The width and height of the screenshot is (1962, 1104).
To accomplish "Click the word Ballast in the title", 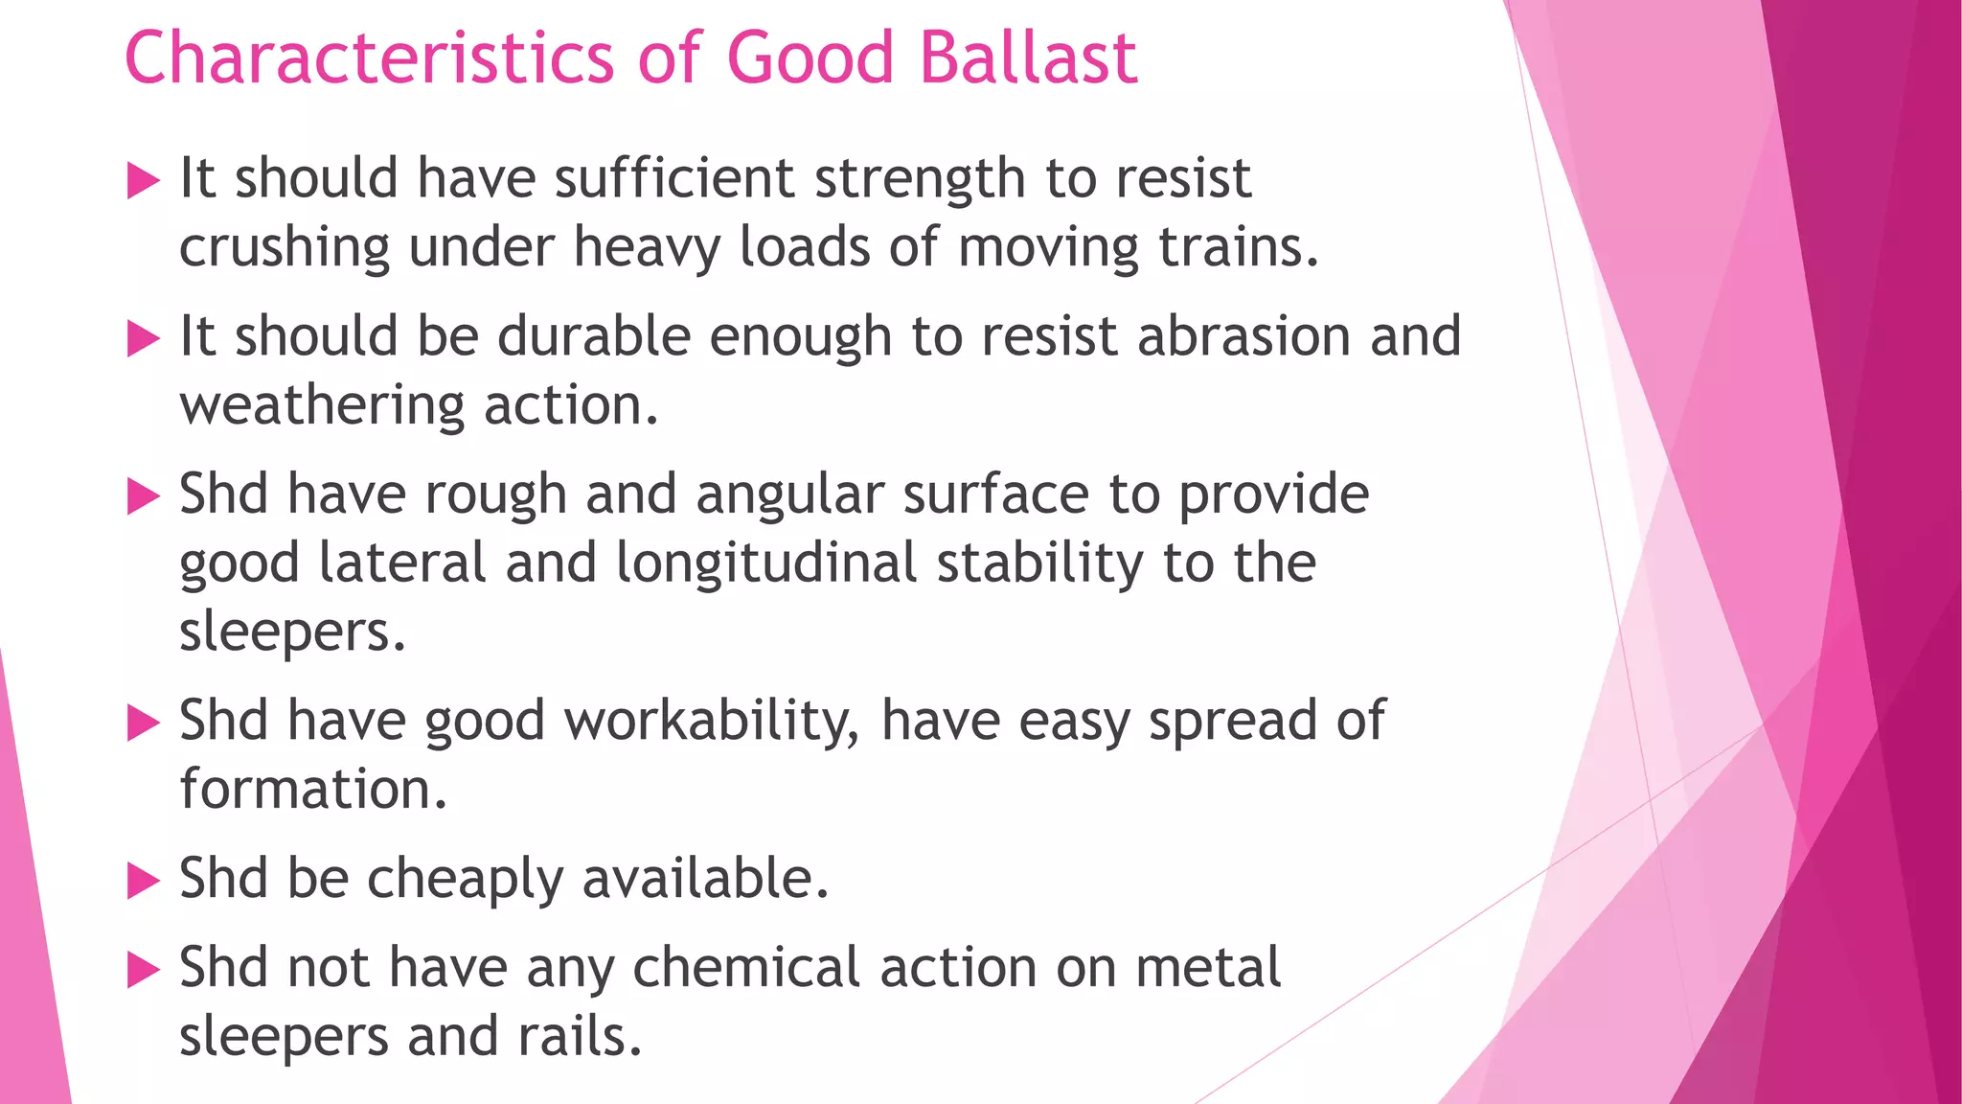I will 1028,57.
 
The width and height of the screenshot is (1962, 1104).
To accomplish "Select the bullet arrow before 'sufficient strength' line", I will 143,180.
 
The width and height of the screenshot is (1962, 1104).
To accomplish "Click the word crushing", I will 285,248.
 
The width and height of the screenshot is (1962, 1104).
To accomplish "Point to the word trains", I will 1238,246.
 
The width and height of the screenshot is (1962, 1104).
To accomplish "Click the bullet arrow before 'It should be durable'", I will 143,338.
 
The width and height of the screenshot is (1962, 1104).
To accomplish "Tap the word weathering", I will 322,405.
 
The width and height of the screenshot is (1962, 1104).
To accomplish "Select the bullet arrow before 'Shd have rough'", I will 143,496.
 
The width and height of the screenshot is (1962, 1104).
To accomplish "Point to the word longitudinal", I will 766,563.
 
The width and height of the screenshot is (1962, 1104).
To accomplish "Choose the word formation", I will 312,790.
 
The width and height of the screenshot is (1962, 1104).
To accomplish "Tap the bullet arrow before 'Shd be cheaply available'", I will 143,880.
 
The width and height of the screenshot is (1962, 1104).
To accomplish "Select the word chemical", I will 746,967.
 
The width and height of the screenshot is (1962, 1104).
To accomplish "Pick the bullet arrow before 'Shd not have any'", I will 143,970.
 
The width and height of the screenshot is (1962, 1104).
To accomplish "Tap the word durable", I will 593,336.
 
